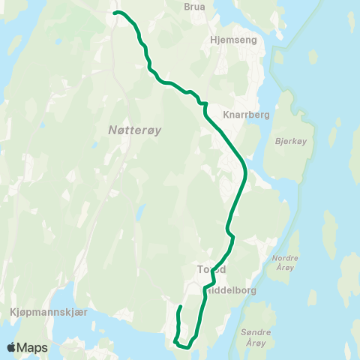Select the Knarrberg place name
coord(246,115)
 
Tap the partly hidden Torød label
coord(211,269)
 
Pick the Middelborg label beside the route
coord(233,289)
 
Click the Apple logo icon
coord(12,347)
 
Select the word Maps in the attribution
coord(34,347)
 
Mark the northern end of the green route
coord(114,13)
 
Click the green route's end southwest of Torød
coord(181,307)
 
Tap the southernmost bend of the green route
coord(185,345)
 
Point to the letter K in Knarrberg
coord(226,115)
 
